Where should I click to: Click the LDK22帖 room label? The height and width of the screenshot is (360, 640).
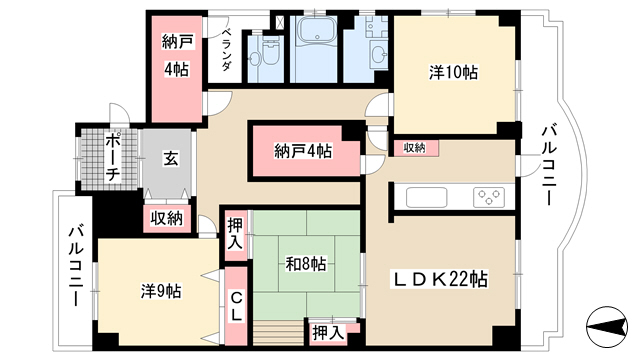(x=440, y=279)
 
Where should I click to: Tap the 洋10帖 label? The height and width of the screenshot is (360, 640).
(x=453, y=72)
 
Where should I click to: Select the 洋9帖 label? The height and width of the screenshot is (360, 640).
(x=161, y=291)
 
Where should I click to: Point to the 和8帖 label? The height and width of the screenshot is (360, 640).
(x=306, y=264)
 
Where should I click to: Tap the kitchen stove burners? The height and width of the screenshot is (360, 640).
(x=489, y=198)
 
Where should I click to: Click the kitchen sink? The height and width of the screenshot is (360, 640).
(x=427, y=198)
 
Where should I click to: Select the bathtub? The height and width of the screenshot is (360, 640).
(x=317, y=30)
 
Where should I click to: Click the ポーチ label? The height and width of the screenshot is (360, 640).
(x=112, y=158)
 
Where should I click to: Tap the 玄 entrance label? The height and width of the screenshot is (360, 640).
(x=171, y=158)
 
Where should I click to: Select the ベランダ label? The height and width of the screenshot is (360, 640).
(x=227, y=49)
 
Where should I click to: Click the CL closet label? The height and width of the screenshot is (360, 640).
(x=236, y=306)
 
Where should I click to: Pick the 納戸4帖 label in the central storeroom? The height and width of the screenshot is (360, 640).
(x=303, y=151)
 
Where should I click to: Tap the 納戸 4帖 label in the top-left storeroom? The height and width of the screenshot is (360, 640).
(x=176, y=56)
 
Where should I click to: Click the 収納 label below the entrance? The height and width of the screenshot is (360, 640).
(x=167, y=219)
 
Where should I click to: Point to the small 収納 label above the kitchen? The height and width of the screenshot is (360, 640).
(x=414, y=148)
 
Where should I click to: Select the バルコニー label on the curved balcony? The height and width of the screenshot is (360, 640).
(x=549, y=165)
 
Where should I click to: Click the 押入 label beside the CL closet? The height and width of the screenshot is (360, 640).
(x=235, y=234)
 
